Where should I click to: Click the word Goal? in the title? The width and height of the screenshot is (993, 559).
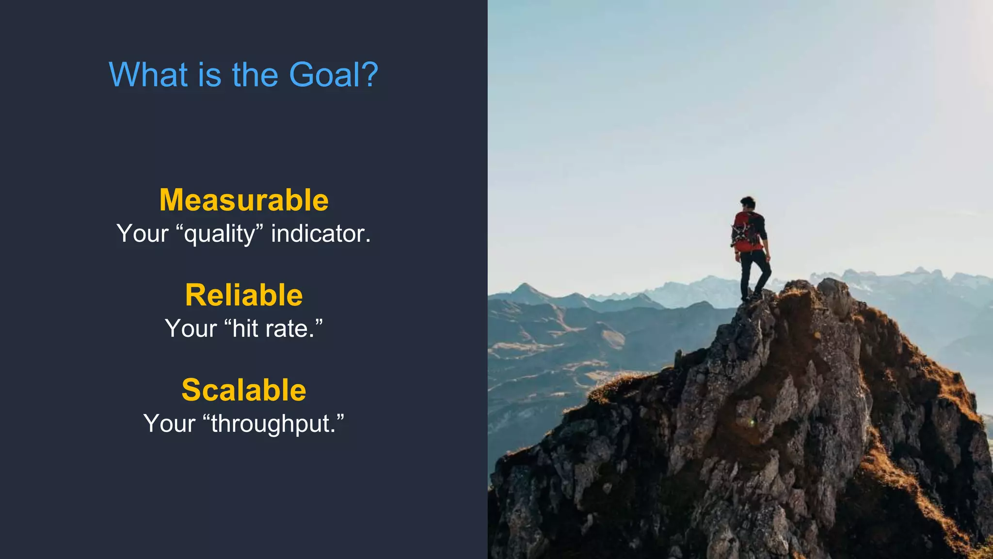[x=333, y=75]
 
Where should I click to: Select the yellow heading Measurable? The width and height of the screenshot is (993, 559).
[x=244, y=200]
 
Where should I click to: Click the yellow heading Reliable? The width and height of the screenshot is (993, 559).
[x=244, y=295]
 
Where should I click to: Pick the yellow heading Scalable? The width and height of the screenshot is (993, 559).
[x=244, y=390]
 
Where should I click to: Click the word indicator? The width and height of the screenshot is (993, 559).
[x=320, y=234]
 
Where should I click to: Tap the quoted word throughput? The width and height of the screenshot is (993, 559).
[x=274, y=424]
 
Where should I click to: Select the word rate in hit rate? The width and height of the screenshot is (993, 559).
[x=289, y=329]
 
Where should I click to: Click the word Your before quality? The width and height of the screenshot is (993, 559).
[x=143, y=234]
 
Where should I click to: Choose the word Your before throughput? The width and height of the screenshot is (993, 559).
[x=169, y=424]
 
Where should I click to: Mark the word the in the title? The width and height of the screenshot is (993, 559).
[x=255, y=75]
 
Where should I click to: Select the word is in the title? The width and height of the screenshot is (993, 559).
[x=209, y=75]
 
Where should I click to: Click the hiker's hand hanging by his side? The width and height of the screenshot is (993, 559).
[x=767, y=257]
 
